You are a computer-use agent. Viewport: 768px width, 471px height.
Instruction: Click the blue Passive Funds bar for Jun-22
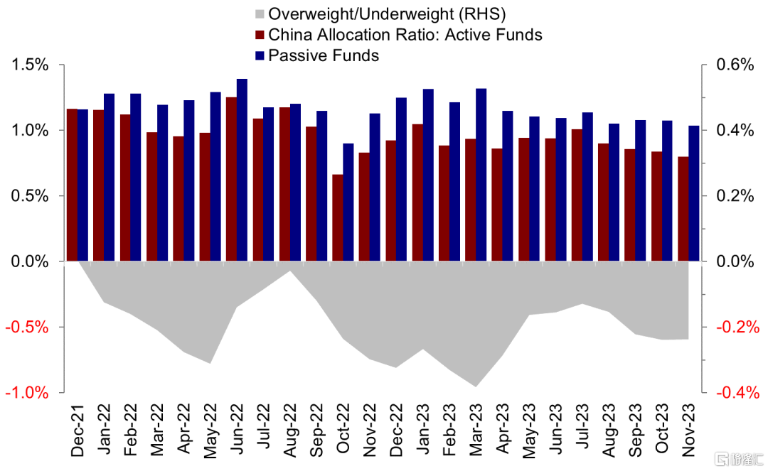pos(242,170)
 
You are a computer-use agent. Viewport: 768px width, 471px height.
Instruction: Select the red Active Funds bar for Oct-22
pos(338,218)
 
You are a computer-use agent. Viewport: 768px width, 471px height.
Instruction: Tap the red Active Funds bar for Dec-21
pos(72,185)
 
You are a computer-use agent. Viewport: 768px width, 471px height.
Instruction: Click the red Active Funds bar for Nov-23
pos(683,209)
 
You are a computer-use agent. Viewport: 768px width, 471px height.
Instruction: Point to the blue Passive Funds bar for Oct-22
pos(348,202)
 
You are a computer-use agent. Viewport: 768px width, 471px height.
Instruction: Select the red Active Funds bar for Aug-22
pos(284,184)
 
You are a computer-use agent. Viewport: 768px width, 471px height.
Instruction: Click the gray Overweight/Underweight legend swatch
pos(260,14)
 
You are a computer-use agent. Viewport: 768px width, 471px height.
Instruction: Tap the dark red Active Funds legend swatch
pos(260,35)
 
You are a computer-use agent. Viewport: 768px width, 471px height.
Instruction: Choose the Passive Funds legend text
pos(324,55)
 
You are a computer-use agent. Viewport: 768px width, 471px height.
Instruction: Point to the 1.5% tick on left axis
pos(29,65)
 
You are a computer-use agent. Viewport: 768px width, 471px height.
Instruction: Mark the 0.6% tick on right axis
pos(733,65)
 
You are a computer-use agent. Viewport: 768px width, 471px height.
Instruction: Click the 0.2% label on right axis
pos(733,196)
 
